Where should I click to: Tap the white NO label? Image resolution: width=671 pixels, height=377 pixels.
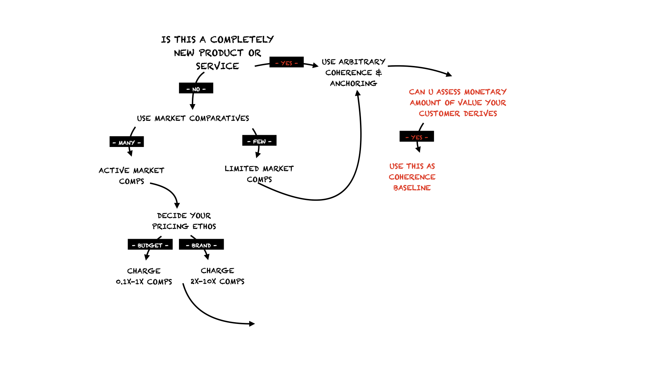pyautogui.click(x=196, y=89)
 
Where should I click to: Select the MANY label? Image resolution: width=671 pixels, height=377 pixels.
pyautogui.click(x=127, y=143)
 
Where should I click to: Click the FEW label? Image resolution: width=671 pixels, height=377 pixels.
pyautogui.click(x=259, y=141)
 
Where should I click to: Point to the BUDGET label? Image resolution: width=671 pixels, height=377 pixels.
pyautogui.click(x=150, y=245)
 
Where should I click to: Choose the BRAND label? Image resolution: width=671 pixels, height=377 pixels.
pyautogui.click(x=201, y=245)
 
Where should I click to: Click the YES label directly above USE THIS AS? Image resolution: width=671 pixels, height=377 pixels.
pyautogui.click(x=417, y=138)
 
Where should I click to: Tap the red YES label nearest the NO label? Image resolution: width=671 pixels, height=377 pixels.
pyautogui.click(x=286, y=63)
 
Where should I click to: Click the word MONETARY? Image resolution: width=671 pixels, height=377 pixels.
pyautogui.click(x=485, y=92)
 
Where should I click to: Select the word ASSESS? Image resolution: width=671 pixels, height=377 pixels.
pyautogui.click(x=448, y=92)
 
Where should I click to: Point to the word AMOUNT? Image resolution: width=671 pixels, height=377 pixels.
pyautogui.click(x=425, y=103)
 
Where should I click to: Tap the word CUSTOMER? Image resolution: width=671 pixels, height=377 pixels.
pyautogui.click(x=439, y=113)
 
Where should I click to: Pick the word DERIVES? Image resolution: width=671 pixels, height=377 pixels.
pyautogui.click(x=480, y=113)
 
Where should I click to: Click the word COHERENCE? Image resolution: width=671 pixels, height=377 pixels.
pyautogui.click(x=412, y=177)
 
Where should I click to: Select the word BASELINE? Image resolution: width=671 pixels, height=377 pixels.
pyautogui.click(x=412, y=188)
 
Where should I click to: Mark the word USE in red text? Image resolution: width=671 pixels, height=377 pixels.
pyautogui.click(x=396, y=166)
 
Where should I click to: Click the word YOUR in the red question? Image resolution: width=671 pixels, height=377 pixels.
pyautogui.click(x=496, y=103)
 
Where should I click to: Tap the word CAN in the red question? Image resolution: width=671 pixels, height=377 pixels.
pyautogui.click(x=417, y=92)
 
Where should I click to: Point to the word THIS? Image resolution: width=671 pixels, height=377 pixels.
pyautogui.click(x=415, y=166)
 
